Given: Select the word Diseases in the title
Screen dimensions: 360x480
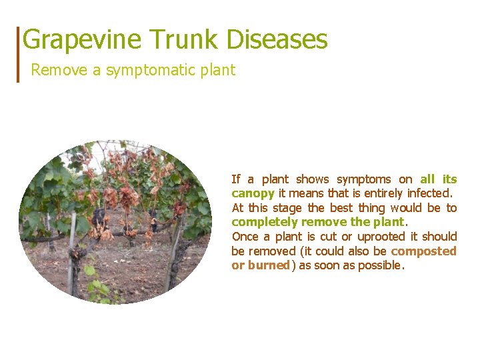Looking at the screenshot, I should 277,40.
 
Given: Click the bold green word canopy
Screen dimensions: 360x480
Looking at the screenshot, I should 253,193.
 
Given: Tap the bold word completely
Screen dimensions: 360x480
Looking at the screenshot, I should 264,222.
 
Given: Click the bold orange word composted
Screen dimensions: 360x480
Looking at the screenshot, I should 424,251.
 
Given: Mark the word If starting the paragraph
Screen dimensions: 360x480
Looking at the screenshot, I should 235,179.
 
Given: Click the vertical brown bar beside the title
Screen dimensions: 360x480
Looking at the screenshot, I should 18,54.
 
